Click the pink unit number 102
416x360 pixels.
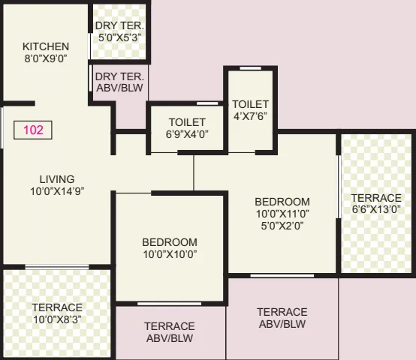click(x=34, y=130)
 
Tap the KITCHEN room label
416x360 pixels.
click(x=45, y=46)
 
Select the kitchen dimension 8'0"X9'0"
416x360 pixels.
click(x=45, y=58)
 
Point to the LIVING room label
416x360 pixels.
click(x=57, y=179)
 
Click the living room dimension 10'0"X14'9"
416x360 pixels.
click(x=57, y=190)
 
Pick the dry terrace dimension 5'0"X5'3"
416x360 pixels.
click(x=119, y=37)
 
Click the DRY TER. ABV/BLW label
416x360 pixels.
click(x=120, y=82)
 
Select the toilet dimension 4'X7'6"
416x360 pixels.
click(x=250, y=115)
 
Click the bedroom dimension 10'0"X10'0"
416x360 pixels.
click(x=170, y=254)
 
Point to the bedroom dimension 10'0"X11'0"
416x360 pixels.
click(x=282, y=214)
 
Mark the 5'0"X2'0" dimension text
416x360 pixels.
click(x=282, y=225)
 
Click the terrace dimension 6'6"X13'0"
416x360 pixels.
click(x=376, y=210)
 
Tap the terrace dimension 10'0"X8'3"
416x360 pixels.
click(x=57, y=319)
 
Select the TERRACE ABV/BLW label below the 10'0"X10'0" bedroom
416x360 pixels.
click(x=170, y=332)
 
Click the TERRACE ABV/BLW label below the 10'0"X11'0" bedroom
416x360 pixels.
click(x=282, y=318)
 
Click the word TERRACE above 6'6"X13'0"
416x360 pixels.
click(x=376, y=198)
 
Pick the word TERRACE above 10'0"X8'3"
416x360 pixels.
click(x=57, y=307)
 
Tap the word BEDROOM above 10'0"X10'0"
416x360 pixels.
click(x=170, y=242)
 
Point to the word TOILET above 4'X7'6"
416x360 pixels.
click(x=250, y=103)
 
